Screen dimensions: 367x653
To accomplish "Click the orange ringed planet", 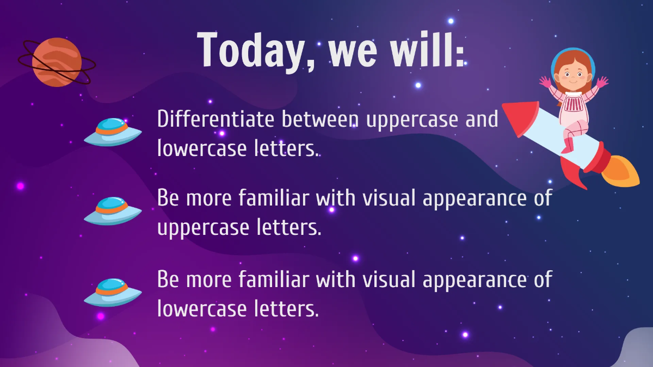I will (x=57, y=62).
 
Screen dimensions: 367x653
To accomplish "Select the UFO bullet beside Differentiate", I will (x=113, y=132).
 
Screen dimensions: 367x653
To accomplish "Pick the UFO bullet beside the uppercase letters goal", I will (x=113, y=211).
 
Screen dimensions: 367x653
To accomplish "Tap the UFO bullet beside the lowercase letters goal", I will (x=113, y=293).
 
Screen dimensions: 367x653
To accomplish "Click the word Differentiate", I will (x=217, y=119).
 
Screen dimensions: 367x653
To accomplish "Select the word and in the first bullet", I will (x=482, y=119).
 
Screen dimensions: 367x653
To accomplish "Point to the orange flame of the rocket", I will (x=623, y=171).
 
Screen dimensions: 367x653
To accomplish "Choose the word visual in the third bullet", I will (x=390, y=279).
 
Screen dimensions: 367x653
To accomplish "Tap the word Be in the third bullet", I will (x=169, y=279).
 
